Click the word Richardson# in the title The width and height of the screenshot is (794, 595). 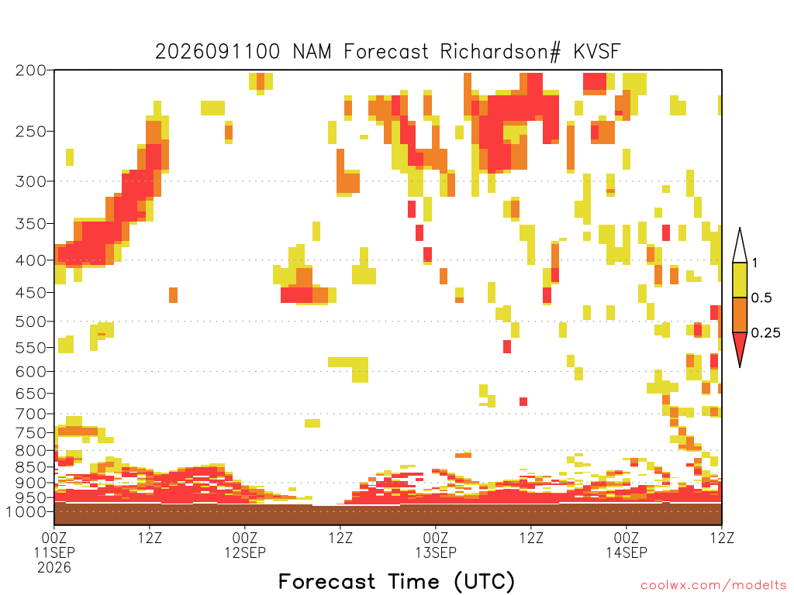pyautogui.click(x=500, y=52)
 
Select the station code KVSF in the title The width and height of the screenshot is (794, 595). pyautogui.click(x=597, y=52)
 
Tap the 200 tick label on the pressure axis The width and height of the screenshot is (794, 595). pyautogui.click(x=31, y=71)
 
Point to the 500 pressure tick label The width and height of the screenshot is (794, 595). pyautogui.click(x=31, y=322)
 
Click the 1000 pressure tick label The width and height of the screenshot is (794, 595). pyautogui.click(x=26, y=512)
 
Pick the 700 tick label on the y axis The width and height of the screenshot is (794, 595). pyautogui.click(x=31, y=414)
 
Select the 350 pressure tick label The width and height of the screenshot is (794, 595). pyautogui.click(x=31, y=224)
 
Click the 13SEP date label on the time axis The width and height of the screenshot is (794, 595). pyautogui.click(x=436, y=553)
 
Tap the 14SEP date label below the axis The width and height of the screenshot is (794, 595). pyautogui.click(x=627, y=553)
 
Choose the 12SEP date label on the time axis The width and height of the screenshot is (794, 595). pyautogui.click(x=245, y=553)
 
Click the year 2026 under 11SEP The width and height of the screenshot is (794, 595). pyautogui.click(x=54, y=568)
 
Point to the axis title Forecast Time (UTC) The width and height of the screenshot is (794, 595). pyautogui.click(x=396, y=582)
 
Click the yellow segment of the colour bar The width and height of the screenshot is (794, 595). pyautogui.click(x=740, y=280)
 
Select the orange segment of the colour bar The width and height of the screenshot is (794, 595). pyautogui.click(x=740, y=315)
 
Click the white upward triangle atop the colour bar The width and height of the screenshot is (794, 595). pyautogui.click(x=740, y=246)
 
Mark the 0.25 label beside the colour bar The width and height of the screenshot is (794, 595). pyautogui.click(x=765, y=333)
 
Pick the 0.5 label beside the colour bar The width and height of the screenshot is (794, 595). pyautogui.click(x=761, y=298)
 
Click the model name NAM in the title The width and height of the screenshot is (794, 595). pyautogui.click(x=312, y=52)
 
